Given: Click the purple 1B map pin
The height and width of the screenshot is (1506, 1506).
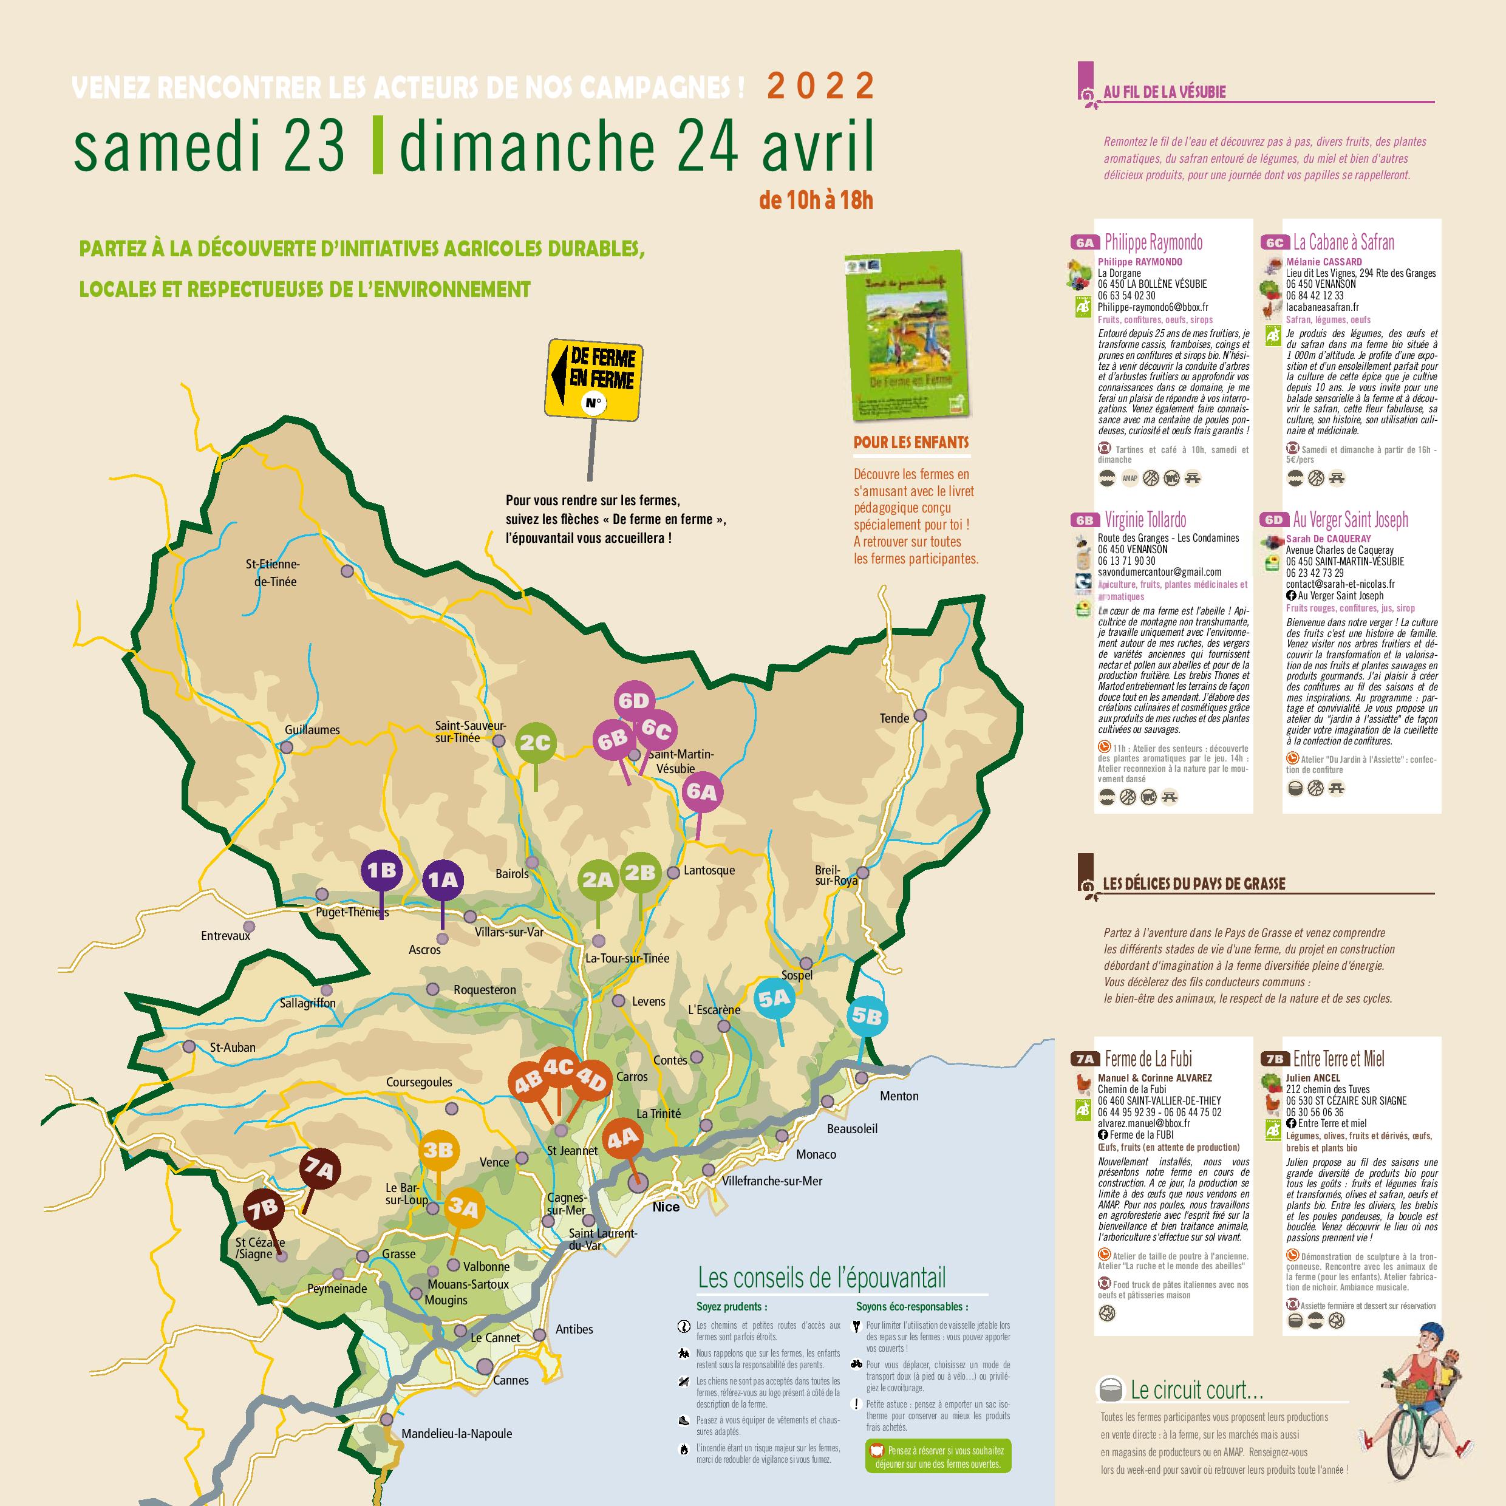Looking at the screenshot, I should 382,870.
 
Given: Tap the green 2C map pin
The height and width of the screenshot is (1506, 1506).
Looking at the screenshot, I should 536,744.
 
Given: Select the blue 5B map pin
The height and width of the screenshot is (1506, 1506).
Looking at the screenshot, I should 867,1017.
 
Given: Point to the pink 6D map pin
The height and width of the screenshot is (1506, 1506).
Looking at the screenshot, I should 634,701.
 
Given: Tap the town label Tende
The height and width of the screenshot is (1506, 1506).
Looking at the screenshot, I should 894,718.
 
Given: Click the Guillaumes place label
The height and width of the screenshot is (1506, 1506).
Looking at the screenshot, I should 312,731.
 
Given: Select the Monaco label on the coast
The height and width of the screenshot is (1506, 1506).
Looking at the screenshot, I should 816,1154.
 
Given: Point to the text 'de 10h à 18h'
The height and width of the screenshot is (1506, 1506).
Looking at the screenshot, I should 816,201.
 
